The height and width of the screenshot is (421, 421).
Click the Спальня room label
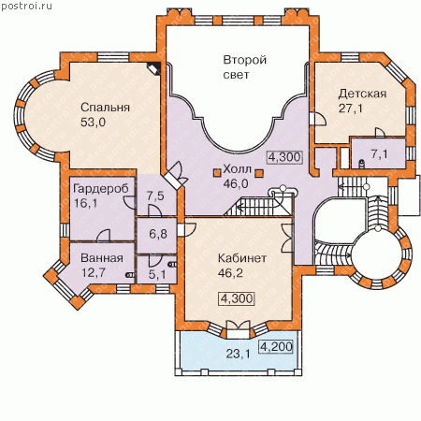[x=105, y=108]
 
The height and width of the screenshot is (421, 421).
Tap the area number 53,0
[x=93, y=122]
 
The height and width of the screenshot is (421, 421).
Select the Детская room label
[x=362, y=94]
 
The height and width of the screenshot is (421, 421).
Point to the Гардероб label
[x=101, y=189]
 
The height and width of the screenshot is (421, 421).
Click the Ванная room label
[x=102, y=258]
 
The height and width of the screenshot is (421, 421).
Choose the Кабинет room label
[x=242, y=258]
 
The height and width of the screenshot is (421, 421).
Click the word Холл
[x=237, y=169]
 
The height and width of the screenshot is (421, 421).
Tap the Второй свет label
[x=245, y=67]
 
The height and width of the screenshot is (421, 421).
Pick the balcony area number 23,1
[x=238, y=354]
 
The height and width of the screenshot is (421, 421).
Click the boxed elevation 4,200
[x=276, y=346]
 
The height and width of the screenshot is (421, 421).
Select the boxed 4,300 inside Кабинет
[x=237, y=298]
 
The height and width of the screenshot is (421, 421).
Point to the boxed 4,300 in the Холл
[x=284, y=157]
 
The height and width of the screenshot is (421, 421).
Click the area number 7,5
[x=155, y=196]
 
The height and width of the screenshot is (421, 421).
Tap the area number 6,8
[x=158, y=234]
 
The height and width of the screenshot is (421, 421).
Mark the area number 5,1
[x=157, y=274]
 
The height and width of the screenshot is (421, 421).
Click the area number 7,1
[x=379, y=153]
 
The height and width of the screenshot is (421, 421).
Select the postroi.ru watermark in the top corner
[x=26, y=6]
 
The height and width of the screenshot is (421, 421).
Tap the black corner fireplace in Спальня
[x=154, y=68]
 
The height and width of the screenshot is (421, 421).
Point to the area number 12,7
[x=94, y=272]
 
